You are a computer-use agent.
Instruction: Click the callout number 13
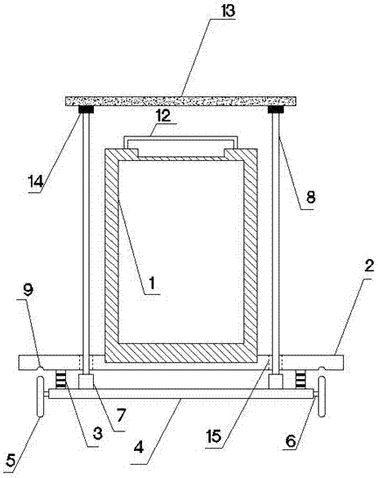pos(228,11)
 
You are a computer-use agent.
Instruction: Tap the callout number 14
pos(36,181)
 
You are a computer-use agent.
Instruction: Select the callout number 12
pos(164,116)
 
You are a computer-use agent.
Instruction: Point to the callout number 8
pos(310,197)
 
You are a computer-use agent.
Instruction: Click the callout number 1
pos(152,283)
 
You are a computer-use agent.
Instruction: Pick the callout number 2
pos(369,266)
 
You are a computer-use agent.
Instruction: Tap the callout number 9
pos(28,290)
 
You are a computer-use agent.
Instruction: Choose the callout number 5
pos(11,460)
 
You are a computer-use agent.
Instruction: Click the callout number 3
pos(97,434)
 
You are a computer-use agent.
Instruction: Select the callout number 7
pos(121,416)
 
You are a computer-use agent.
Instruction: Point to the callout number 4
pos(139,448)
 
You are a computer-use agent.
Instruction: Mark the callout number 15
pos(214,436)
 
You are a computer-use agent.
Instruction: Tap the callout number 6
pos(291,440)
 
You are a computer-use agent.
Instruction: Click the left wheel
pos(40,396)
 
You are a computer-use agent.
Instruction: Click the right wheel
pos(322,396)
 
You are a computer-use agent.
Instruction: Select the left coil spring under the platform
pos(61,379)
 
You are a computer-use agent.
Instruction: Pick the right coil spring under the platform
pos(300,379)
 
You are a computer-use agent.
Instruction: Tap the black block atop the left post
pos(87,109)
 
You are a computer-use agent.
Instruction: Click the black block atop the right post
pos(276,109)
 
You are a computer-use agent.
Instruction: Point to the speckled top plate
pos(181,101)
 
